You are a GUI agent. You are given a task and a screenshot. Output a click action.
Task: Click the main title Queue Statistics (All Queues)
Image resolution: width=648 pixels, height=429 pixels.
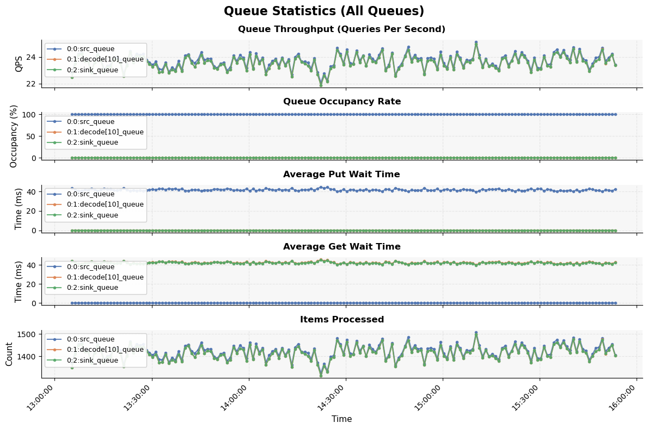pyautogui.click(x=324, y=11)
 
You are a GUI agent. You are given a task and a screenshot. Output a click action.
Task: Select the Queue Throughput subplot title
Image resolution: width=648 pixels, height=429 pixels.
pyautogui.click(x=341, y=29)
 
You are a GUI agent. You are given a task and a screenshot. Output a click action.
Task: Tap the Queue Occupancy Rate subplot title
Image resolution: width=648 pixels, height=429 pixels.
pyautogui.click(x=341, y=102)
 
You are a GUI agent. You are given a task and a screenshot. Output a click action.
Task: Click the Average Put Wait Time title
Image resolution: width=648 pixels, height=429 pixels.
pyautogui.click(x=341, y=175)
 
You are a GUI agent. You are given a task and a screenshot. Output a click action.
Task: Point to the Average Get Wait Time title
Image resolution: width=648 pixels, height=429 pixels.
pyautogui.click(x=341, y=247)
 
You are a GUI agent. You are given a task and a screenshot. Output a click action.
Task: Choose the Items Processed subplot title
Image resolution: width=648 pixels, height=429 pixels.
pyautogui.click(x=341, y=320)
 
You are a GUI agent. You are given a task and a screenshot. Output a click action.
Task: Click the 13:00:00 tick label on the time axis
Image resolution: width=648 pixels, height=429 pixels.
pyautogui.click(x=39, y=399)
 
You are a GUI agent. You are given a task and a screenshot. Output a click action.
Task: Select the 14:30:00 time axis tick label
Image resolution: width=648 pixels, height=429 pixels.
pyautogui.click(x=331, y=399)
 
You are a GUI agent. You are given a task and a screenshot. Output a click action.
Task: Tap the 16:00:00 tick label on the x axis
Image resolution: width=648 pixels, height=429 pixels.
pyautogui.click(x=621, y=399)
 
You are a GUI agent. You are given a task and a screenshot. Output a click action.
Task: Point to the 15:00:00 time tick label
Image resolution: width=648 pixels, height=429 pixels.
pyautogui.click(x=427, y=399)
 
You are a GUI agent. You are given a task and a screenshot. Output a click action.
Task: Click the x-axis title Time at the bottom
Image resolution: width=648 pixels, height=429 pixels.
pyautogui.click(x=341, y=419)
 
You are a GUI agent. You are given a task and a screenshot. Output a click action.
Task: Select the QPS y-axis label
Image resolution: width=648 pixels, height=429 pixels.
pyautogui.click(x=20, y=64)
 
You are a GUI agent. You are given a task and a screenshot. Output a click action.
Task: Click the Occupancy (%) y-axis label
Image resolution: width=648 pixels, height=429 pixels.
pyautogui.click(x=14, y=136)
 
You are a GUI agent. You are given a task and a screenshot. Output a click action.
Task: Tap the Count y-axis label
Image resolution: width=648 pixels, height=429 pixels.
pyautogui.click(x=10, y=354)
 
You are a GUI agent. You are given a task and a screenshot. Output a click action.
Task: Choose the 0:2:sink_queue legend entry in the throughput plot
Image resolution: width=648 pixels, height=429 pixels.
pyautogui.click(x=92, y=70)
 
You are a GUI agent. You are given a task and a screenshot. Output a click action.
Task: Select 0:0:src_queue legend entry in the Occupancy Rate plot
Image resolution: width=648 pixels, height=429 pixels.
pyautogui.click(x=90, y=122)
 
